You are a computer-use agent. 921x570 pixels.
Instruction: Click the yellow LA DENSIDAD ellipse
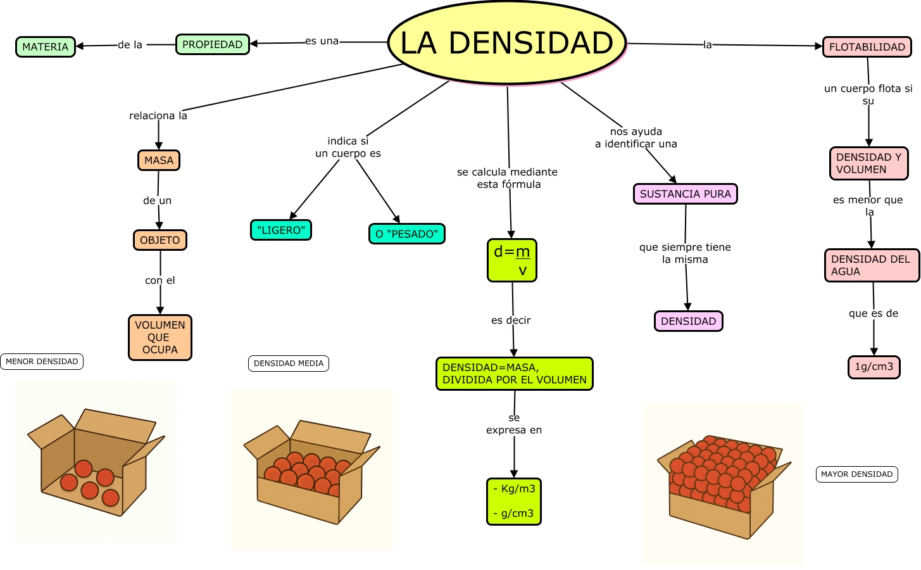(x=506, y=43)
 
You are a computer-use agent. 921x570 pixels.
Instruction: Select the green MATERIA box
(x=45, y=47)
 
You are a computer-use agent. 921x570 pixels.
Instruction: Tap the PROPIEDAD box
(x=212, y=44)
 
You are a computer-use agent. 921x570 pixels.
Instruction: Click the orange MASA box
(x=159, y=160)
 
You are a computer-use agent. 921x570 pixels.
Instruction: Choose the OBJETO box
(x=160, y=240)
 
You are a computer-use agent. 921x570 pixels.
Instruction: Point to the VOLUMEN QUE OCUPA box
(x=160, y=338)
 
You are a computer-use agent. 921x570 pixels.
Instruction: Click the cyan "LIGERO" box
(x=281, y=230)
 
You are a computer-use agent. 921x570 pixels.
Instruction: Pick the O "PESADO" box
(x=406, y=234)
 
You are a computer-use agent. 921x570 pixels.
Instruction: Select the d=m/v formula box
(x=511, y=260)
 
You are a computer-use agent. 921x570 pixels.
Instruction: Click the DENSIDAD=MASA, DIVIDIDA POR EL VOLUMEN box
(x=514, y=374)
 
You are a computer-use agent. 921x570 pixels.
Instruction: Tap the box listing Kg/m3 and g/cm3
(x=513, y=501)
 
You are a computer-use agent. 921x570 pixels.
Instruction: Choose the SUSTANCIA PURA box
(x=685, y=194)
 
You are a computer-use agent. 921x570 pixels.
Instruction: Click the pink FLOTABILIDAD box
(x=867, y=47)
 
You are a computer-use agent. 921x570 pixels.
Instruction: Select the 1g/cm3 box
(x=874, y=367)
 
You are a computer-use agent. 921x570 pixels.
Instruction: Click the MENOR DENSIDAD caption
(x=42, y=362)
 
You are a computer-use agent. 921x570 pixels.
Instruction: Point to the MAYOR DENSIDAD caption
(x=856, y=474)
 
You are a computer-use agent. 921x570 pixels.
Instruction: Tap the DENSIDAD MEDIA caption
(x=289, y=364)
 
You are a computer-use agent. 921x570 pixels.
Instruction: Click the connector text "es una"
(x=322, y=41)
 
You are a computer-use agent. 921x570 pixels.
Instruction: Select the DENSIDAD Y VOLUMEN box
(x=868, y=163)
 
